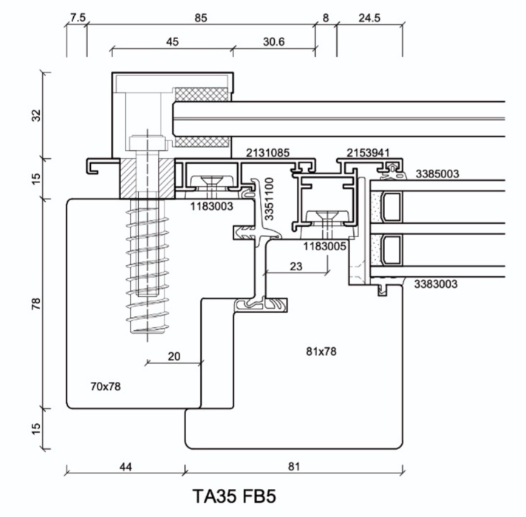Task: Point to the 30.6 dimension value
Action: (x=273, y=42)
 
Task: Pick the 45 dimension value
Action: (x=171, y=42)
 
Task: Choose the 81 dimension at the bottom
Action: (x=293, y=466)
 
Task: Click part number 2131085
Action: (x=267, y=154)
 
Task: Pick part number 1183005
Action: (x=324, y=246)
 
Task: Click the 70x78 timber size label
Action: (x=105, y=386)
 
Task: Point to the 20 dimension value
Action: (x=174, y=356)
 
